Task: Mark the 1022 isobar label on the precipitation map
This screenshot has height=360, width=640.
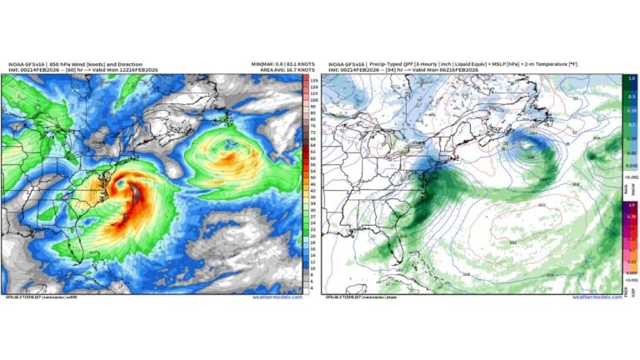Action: [518, 205]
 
